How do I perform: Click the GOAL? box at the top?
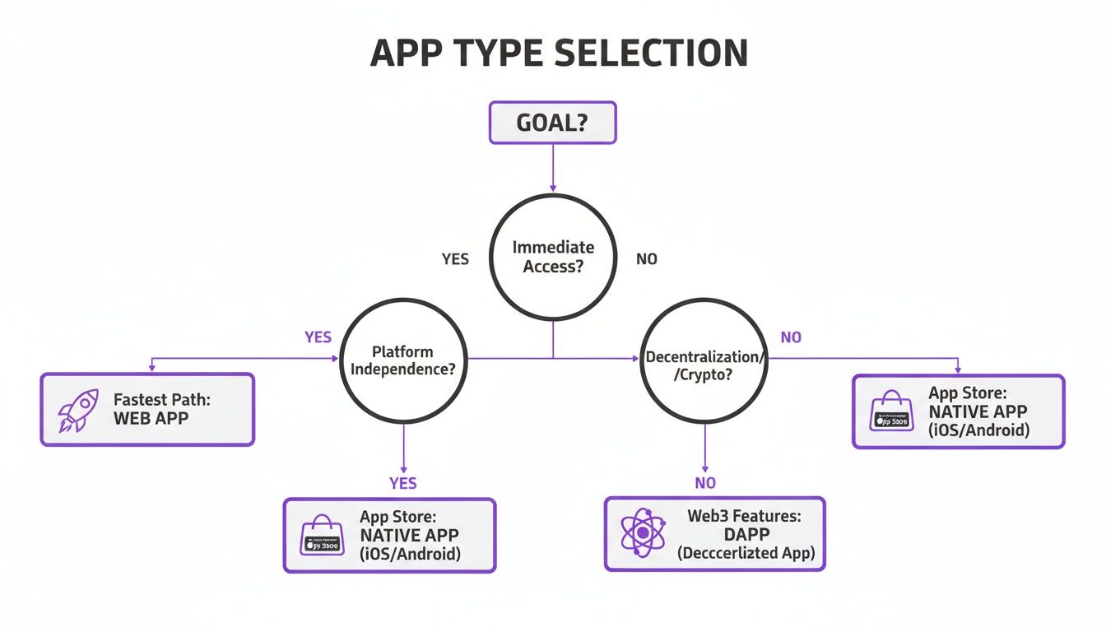pyautogui.click(x=552, y=123)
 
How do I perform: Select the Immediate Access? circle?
pyautogui.click(x=552, y=256)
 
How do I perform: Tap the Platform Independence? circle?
pyautogui.click(x=403, y=359)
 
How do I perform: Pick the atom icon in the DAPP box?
pyautogui.click(x=642, y=534)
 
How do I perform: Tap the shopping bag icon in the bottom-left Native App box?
pyautogui.click(x=323, y=536)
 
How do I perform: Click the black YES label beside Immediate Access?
pyautogui.click(x=455, y=259)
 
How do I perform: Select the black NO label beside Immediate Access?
pyautogui.click(x=647, y=259)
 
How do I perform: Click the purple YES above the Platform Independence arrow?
pyautogui.click(x=318, y=337)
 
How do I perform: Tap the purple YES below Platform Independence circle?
pyautogui.click(x=402, y=483)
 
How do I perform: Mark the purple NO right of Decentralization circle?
pyautogui.click(x=790, y=337)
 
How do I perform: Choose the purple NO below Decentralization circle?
pyautogui.click(x=704, y=483)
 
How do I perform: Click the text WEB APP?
pyautogui.click(x=151, y=418)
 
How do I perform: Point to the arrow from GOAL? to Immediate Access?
pyautogui.click(x=552, y=170)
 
